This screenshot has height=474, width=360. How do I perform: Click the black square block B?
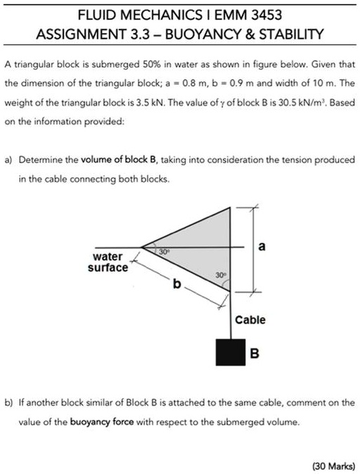tap(231, 352)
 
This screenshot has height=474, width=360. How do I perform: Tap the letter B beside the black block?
tap(255, 353)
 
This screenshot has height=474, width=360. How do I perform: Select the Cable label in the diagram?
tap(250, 320)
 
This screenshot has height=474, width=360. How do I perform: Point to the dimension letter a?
tap(262, 246)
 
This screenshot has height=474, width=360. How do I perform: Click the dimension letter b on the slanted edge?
tap(176, 283)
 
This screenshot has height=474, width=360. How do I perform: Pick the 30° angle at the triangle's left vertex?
tap(164, 252)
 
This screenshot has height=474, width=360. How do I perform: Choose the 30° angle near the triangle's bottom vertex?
tap(221, 275)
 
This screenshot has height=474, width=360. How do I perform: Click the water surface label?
tap(108, 262)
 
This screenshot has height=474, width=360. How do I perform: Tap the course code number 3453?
tap(266, 15)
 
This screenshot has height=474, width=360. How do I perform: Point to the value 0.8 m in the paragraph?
tap(188, 83)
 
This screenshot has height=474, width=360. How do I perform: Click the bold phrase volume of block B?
tap(119, 160)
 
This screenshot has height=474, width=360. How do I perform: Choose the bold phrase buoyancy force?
tap(102, 422)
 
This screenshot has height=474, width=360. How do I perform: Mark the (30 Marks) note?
tap(334, 466)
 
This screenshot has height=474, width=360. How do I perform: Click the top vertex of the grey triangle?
tap(231, 207)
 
